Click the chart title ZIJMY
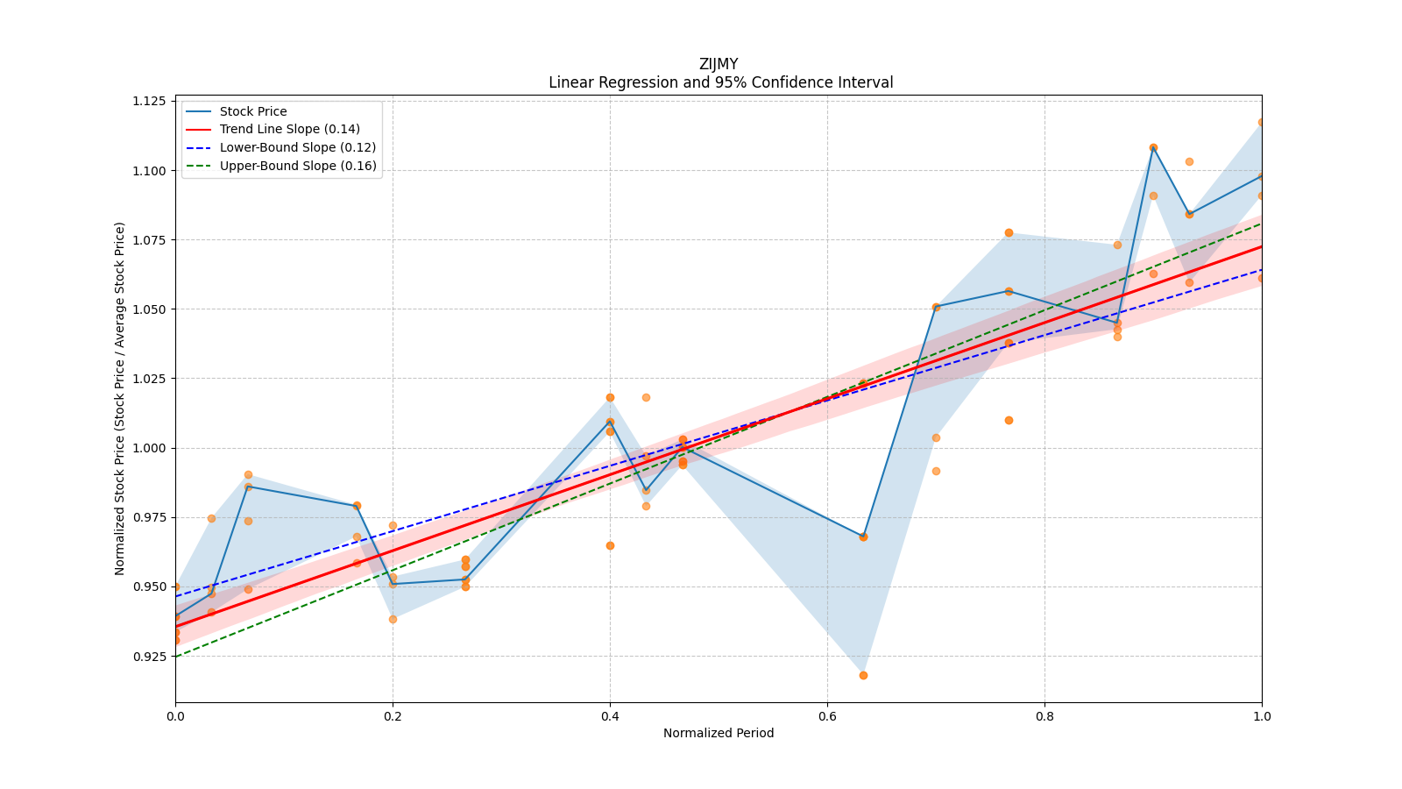coord(719,64)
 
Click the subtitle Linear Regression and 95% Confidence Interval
coord(720,82)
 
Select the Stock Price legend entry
coord(253,111)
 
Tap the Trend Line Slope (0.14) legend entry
coord(289,129)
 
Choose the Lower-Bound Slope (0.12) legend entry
coord(297,147)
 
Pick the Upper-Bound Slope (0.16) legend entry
coord(297,166)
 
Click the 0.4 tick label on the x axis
coord(610,716)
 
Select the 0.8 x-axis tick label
coord(1044,716)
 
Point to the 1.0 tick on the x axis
coord(1262,716)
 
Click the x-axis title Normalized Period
coord(719,733)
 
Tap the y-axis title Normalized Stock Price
coord(120,398)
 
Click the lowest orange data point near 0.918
coord(863,675)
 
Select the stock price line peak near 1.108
coord(1153,147)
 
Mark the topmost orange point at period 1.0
coord(1261,123)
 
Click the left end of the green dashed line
coord(176,656)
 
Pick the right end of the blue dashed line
coord(1261,270)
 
